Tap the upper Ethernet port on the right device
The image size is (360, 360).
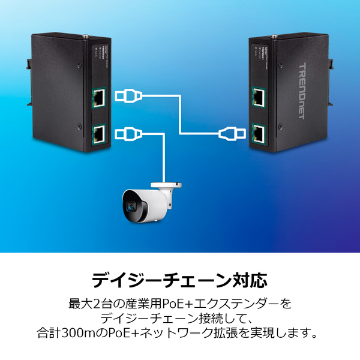(x=259, y=96)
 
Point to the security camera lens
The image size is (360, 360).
(x=131, y=205)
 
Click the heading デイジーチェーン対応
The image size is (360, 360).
(x=179, y=280)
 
